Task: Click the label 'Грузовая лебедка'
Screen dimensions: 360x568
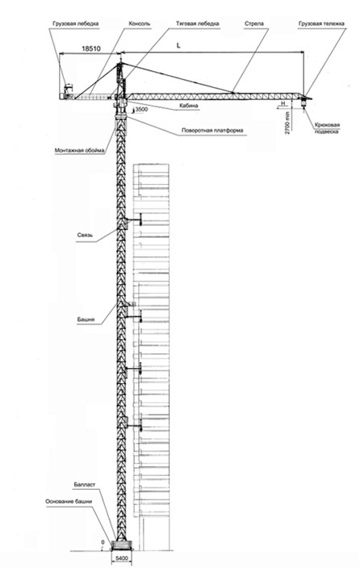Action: tap(75, 24)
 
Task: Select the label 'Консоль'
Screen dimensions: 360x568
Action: tap(140, 24)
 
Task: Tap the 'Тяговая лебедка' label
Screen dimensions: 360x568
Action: tap(198, 24)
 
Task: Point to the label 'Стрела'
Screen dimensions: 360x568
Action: tap(254, 24)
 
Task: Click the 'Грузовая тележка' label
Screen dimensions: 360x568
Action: tap(321, 24)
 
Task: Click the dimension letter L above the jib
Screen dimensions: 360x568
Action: tap(178, 46)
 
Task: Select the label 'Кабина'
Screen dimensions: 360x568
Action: tap(189, 106)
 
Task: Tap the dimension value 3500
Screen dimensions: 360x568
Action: tap(141, 109)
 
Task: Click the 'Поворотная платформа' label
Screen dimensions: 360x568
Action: tap(212, 131)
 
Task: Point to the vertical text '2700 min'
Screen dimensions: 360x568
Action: tap(287, 123)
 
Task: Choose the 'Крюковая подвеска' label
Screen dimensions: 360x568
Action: tap(327, 128)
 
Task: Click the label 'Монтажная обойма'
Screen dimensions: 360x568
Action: tap(79, 150)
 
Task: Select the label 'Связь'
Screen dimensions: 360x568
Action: tap(85, 235)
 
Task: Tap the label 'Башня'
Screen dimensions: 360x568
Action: tap(86, 319)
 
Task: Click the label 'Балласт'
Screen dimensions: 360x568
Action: tap(85, 485)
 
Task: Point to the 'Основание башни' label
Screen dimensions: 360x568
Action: tap(69, 502)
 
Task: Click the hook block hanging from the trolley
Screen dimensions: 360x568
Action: tap(303, 104)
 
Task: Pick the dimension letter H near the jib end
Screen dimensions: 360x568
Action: tap(284, 103)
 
